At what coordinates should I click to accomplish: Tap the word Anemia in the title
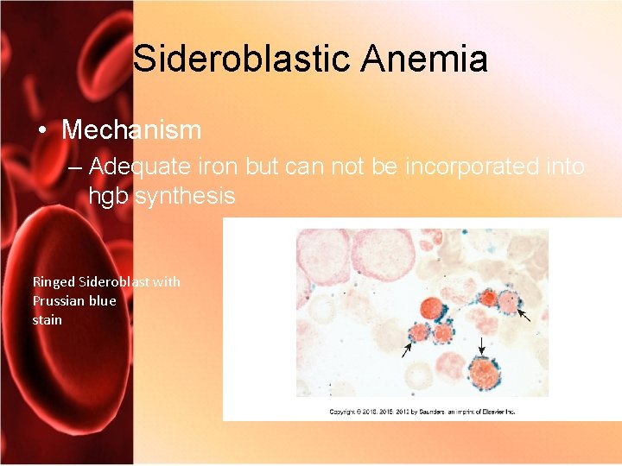[x=425, y=60]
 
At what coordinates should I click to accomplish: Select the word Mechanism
[x=131, y=130]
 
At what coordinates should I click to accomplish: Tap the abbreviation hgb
[x=107, y=196]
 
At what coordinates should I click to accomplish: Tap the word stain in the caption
[x=48, y=319]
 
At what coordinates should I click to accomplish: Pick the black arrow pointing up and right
[x=407, y=347]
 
